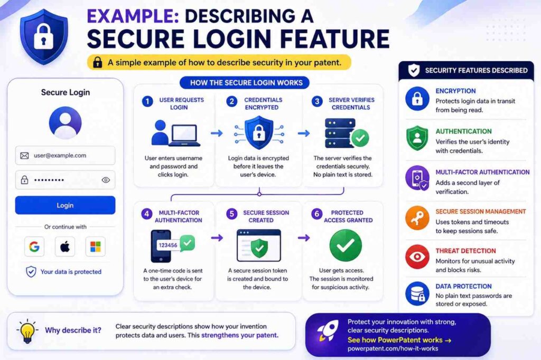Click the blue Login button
(65, 205)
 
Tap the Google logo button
(34, 247)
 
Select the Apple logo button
(65, 247)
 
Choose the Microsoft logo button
(96, 247)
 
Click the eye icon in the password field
(106, 180)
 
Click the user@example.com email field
(65, 156)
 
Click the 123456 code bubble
(167, 245)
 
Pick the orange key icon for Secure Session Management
(417, 218)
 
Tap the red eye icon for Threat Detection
(417, 257)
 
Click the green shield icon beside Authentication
(417, 138)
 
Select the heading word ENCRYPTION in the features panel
(455, 91)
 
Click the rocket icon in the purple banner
(327, 331)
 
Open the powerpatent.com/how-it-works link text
(393, 349)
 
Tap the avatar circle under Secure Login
(65, 123)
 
